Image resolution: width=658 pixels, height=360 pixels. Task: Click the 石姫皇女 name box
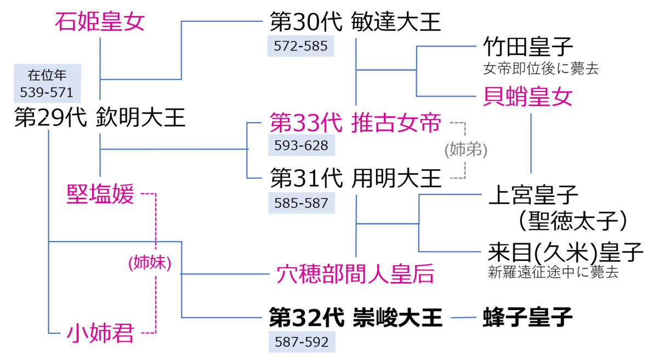point(100,21)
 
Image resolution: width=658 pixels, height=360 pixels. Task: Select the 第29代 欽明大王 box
point(100,117)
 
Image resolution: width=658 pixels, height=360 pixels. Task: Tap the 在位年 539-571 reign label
point(47,83)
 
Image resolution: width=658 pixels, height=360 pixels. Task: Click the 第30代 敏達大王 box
point(355,22)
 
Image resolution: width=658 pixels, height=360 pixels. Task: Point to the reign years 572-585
point(300,47)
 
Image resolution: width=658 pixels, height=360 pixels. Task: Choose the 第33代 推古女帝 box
point(355,123)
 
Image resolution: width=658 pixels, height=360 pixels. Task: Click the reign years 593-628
point(301,146)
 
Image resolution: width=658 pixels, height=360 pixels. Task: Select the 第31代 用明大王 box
point(355,178)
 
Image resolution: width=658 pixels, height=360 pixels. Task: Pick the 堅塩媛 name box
point(100,194)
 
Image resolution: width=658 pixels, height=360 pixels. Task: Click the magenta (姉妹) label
point(149,263)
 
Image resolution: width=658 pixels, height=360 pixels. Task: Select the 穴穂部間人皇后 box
point(355,274)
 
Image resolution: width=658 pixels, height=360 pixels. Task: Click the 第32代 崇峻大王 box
point(355,317)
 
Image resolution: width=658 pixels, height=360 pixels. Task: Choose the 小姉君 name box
point(100,333)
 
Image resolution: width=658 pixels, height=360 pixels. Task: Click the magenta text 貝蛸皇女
point(527,96)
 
